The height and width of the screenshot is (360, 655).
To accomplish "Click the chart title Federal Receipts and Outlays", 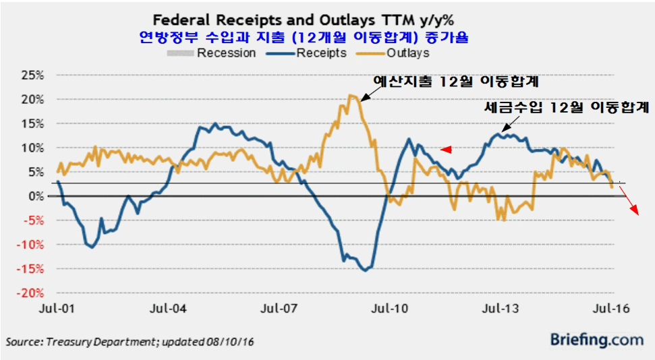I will coord(326,18).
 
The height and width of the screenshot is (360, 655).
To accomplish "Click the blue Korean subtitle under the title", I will coord(326,36).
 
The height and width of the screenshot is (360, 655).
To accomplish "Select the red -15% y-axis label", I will coord(29,269).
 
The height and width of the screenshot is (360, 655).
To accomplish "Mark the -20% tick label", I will coord(29,293).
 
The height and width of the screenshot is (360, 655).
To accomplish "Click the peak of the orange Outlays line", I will coord(352,96).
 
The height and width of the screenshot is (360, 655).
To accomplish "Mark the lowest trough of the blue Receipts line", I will coord(365,270).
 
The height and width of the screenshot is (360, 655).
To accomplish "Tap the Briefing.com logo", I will coord(596,340).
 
